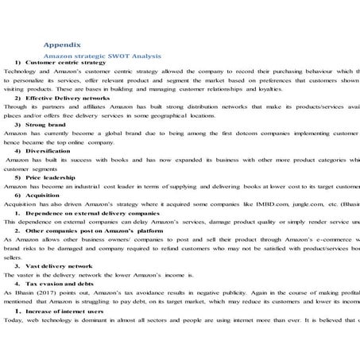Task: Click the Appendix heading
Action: tap(61, 45)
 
